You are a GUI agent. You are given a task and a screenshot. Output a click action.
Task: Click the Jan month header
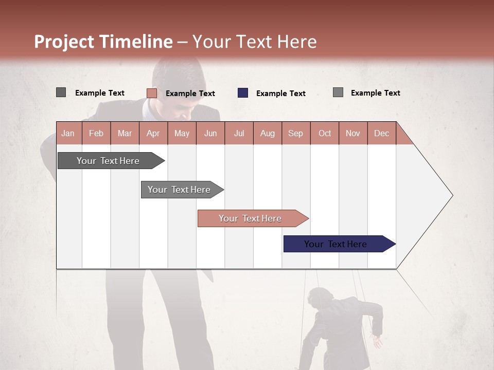click(68, 133)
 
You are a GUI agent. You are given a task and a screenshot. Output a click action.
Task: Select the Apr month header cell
click(153, 133)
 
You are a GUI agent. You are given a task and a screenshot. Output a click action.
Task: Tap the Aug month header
click(267, 133)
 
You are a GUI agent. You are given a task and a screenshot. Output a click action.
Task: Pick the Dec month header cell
click(381, 133)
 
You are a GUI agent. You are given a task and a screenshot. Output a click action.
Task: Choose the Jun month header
click(210, 133)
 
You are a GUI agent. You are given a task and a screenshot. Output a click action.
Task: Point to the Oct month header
click(324, 133)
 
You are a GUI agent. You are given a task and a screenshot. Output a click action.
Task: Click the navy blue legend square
click(243, 93)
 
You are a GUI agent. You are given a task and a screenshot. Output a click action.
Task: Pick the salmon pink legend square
click(152, 93)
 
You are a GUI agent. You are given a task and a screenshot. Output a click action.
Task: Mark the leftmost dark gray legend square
click(61, 92)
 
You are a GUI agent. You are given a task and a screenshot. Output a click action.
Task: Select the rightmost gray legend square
click(338, 92)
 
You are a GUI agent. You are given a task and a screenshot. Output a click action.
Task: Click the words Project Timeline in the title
click(103, 42)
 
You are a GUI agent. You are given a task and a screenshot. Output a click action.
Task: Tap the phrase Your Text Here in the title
click(254, 42)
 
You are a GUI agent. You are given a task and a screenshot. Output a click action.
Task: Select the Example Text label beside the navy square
click(280, 94)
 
